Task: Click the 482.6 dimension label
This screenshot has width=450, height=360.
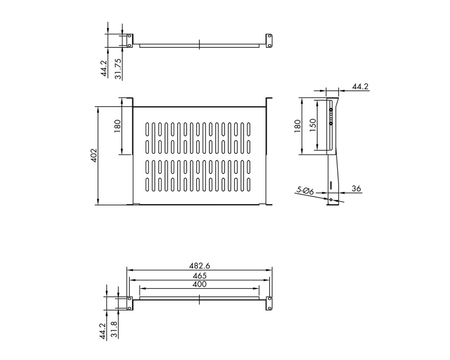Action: (x=199, y=265)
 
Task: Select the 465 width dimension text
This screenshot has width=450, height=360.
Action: (x=199, y=275)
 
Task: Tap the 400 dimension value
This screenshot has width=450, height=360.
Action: (x=199, y=284)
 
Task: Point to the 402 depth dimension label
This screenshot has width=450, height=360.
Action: (x=94, y=155)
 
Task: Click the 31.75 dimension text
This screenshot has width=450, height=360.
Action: (x=118, y=69)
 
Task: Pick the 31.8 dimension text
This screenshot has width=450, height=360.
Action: (x=114, y=329)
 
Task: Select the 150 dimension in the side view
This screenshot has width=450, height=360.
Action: (x=313, y=125)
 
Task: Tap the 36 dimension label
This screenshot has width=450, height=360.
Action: (x=356, y=189)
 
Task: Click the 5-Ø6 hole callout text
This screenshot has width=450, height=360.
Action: (x=305, y=191)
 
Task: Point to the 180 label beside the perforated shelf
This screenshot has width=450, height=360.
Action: (x=117, y=126)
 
